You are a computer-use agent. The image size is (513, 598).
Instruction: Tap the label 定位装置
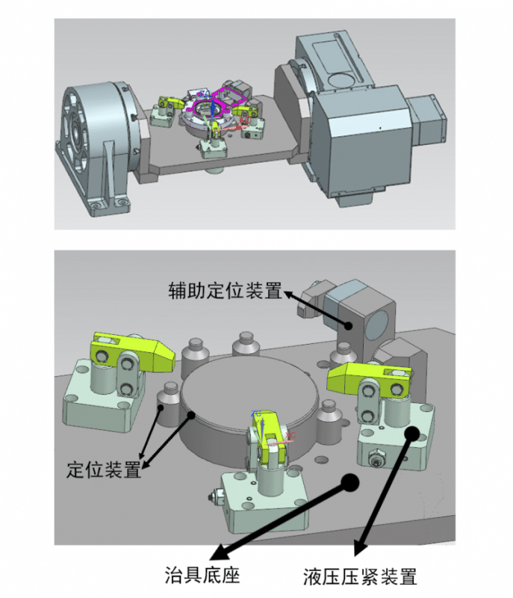coord(104,470)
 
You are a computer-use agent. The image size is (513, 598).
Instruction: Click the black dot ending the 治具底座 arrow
coord(348,481)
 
